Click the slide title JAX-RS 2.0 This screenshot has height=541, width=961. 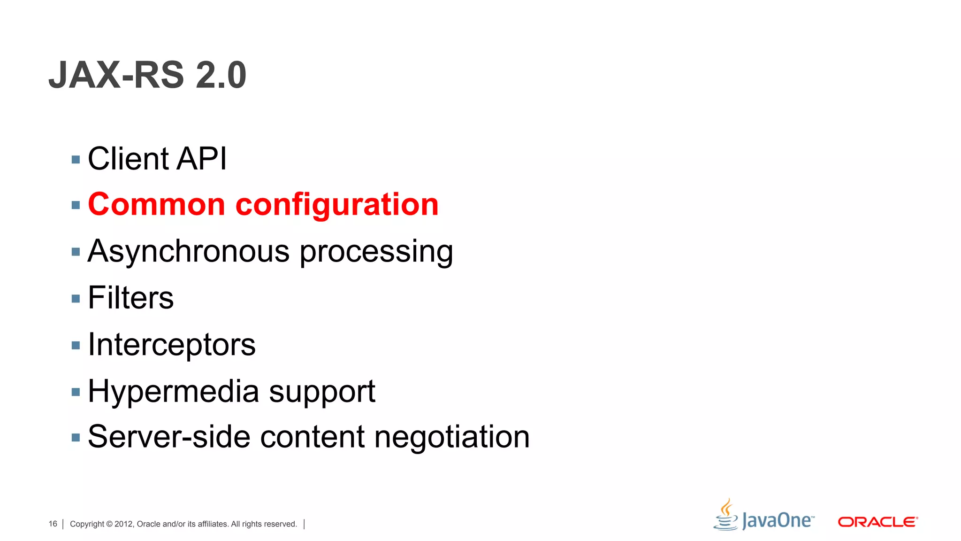click(147, 75)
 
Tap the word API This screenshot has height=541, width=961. click(202, 159)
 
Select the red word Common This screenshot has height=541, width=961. click(157, 205)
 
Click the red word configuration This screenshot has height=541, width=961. click(336, 206)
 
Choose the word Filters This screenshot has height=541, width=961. click(130, 298)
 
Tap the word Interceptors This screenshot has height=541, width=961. click(172, 345)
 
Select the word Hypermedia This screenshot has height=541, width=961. click(173, 392)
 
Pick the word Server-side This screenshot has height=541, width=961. click(169, 437)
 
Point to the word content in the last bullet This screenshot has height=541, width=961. click(313, 437)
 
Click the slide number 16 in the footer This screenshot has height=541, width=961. click(53, 524)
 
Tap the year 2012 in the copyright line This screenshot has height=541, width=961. click(124, 524)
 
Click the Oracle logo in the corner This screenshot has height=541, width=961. click(877, 522)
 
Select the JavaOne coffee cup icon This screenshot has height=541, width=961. click(726, 516)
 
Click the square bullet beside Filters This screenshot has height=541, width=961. click(76, 299)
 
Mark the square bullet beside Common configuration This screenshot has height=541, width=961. click(76, 205)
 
